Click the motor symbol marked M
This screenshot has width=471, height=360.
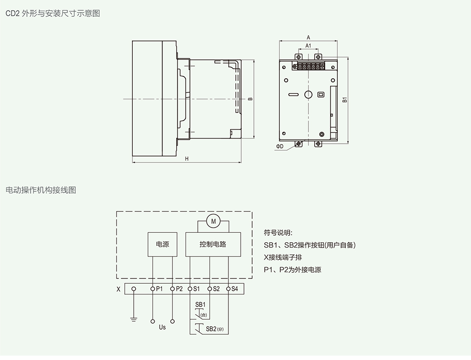pyautogui.click(x=213, y=221)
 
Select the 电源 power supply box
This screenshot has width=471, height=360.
pyautogui.click(x=162, y=244)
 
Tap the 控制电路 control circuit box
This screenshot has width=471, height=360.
pyautogui.click(x=213, y=244)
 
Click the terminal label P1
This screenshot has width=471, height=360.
pyautogui.click(x=159, y=289)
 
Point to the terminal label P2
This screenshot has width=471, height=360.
pyautogui.click(x=179, y=289)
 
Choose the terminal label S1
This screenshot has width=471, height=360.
pyautogui.click(x=196, y=289)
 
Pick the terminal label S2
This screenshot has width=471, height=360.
pyautogui.click(x=216, y=289)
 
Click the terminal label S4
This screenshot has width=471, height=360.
pyautogui.click(x=235, y=289)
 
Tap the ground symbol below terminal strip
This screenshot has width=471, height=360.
pyautogui.click(x=134, y=319)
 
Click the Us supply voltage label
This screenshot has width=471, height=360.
pyautogui.click(x=162, y=327)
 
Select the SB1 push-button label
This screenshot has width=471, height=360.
pyautogui.click(x=200, y=305)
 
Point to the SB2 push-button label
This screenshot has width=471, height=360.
pyautogui.click(x=211, y=329)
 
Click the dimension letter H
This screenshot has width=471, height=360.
pyautogui.click(x=187, y=159)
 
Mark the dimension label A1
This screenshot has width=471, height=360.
pyautogui.click(x=308, y=46)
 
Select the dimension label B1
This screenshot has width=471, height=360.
pyautogui.click(x=345, y=99)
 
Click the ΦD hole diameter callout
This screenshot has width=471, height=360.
pyautogui.click(x=280, y=147)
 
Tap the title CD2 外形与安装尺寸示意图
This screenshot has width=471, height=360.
pyautogui.click(x=53, y=13)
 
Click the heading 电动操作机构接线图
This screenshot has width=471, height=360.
pyautogui.click(x=41, y=190)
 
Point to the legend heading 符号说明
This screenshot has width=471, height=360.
pyautogui.click(x=278, y=233)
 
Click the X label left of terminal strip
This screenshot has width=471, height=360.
pyautogui.click(x=118, y=289)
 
